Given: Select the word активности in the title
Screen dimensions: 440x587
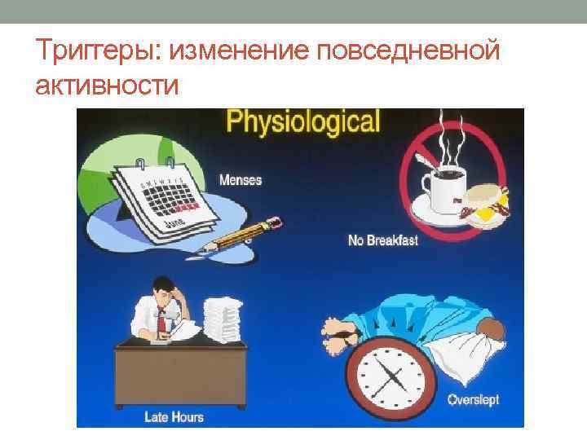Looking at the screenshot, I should click(107, 85).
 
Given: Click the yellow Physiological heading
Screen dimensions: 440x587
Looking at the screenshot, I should click(303, 123).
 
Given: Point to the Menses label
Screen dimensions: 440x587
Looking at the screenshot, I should click(241, 179).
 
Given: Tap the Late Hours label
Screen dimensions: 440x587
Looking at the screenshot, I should click(174, 417).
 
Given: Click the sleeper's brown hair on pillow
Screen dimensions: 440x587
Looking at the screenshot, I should click(490, 329).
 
